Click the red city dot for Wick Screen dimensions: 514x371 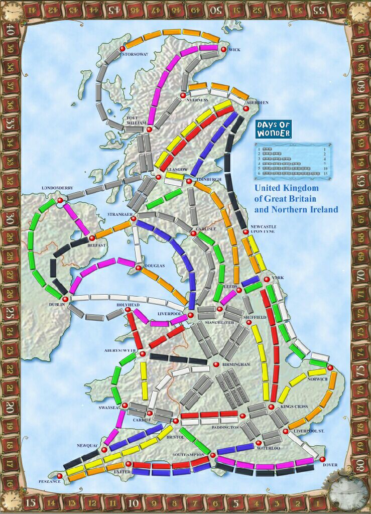click(x=223, y=50)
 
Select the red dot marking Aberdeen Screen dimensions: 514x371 click(x=246, y=108)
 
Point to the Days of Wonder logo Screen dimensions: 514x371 click(x=273, y=130)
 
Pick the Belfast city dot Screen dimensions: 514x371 click(x=92, y=237)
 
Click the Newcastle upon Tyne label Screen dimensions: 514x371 click(x=261, y=229)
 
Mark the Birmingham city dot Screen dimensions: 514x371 click(x=216, y=364)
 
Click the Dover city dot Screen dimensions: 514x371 click(x=322, y=459)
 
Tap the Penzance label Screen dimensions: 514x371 click(x=49, y=481)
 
